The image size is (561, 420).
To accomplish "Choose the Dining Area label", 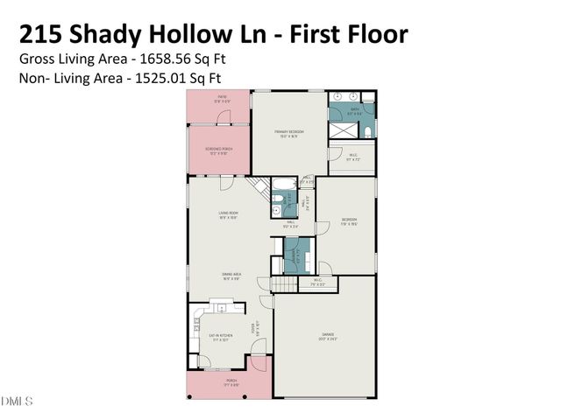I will pos(231,276).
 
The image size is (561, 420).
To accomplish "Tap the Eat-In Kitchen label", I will pos(219,337).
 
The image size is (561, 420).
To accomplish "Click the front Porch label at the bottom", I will pos(231,382).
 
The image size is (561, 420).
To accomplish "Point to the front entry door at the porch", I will pos(257,360).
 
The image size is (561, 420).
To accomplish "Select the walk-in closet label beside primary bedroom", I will pos(353,159).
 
